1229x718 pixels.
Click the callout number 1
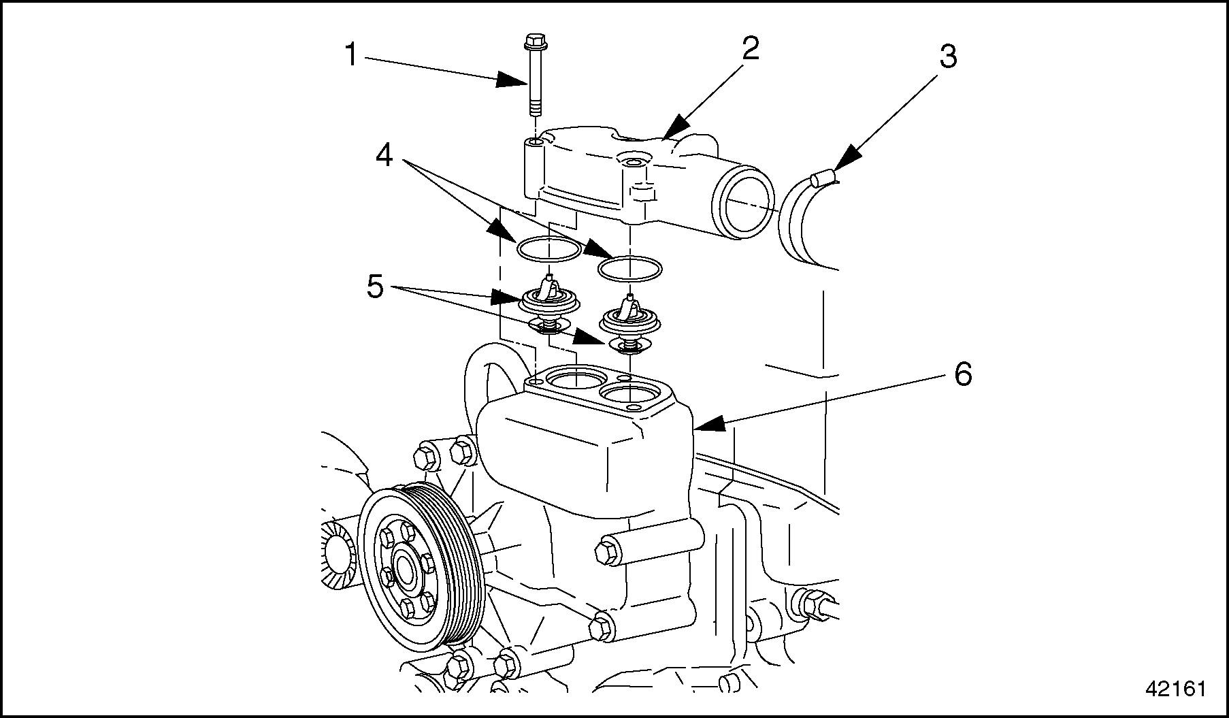(x=350, y=55)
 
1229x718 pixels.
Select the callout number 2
(x=750, y=48)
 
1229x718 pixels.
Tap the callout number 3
(x=948, y=58)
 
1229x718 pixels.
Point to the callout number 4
(x=384, y=156)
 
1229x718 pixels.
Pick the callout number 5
(x=375, y=287)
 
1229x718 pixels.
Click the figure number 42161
(x=1175, y=688)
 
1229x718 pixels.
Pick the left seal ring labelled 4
(x=548, y=249)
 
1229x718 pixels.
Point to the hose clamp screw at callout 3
(x=823, y=178)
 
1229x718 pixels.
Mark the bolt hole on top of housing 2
(x=633, y=163)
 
